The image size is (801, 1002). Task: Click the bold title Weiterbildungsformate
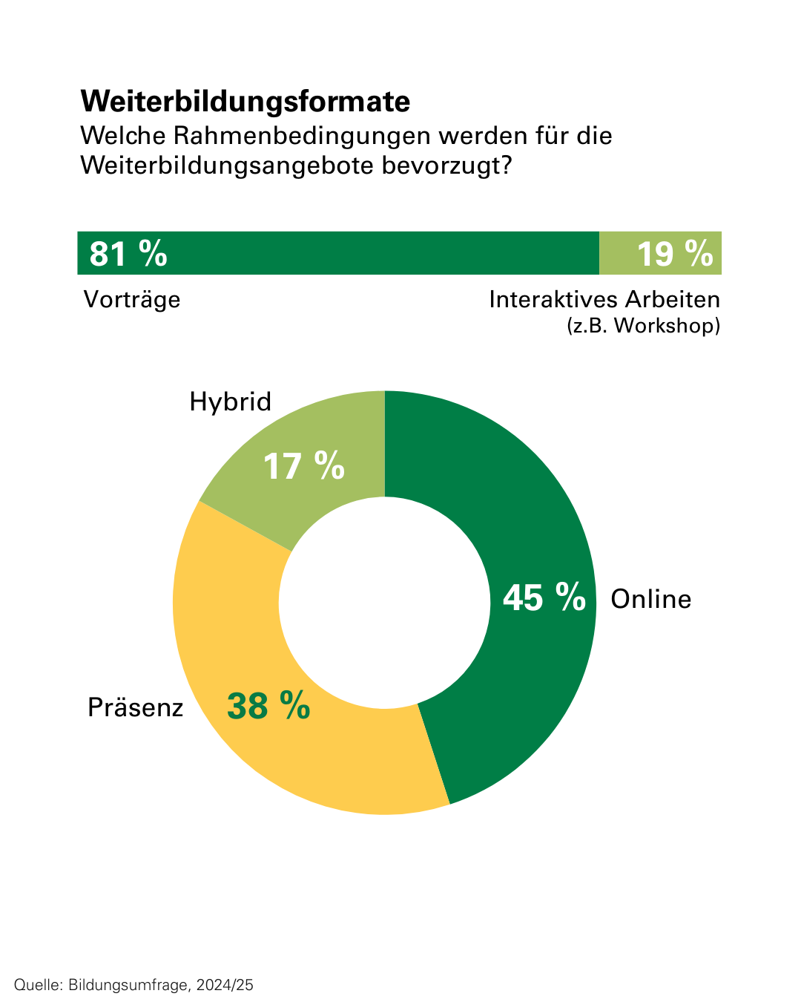(x=245, y=102)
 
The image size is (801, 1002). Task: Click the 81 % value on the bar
(x=128, y=253)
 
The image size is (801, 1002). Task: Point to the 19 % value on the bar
(x=674, y=253)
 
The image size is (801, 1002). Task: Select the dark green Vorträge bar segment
(x=371, y=253)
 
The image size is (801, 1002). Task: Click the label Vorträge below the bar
(x=132, y=300)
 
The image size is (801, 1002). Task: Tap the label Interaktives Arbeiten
(x=604, y=300)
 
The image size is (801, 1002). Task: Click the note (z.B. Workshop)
(x=643, y=326)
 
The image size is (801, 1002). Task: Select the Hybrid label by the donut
(x=230, y=402)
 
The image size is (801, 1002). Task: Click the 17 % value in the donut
(x=304, y=467)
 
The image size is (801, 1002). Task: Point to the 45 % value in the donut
(x=544, y=597)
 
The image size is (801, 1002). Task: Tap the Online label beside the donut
(x=650, y=599)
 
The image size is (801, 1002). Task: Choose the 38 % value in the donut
(x=268, y=706)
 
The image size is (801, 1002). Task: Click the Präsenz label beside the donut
(x=135, y=707)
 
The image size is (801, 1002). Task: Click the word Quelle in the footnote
(x=37, y=985)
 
